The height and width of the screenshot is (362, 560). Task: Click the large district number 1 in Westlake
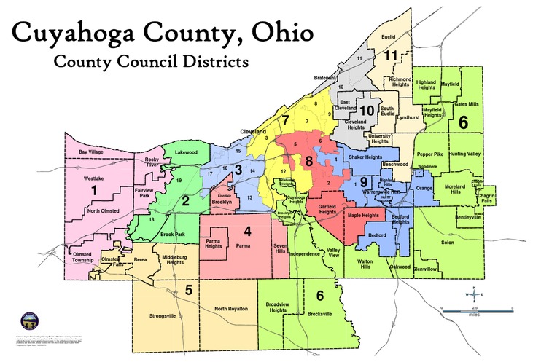coord(93,190)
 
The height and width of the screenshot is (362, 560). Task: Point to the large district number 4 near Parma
coord(247,232)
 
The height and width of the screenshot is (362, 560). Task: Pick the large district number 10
coord(367,110)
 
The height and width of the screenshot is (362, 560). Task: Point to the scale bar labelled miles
coord(478,310)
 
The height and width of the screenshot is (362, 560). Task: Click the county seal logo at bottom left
coord(29,320)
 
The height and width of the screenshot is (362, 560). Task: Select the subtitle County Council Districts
coord(151,62)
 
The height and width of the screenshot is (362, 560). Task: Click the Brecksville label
coord(317,314)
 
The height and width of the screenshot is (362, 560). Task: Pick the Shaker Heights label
coord(364,157)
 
